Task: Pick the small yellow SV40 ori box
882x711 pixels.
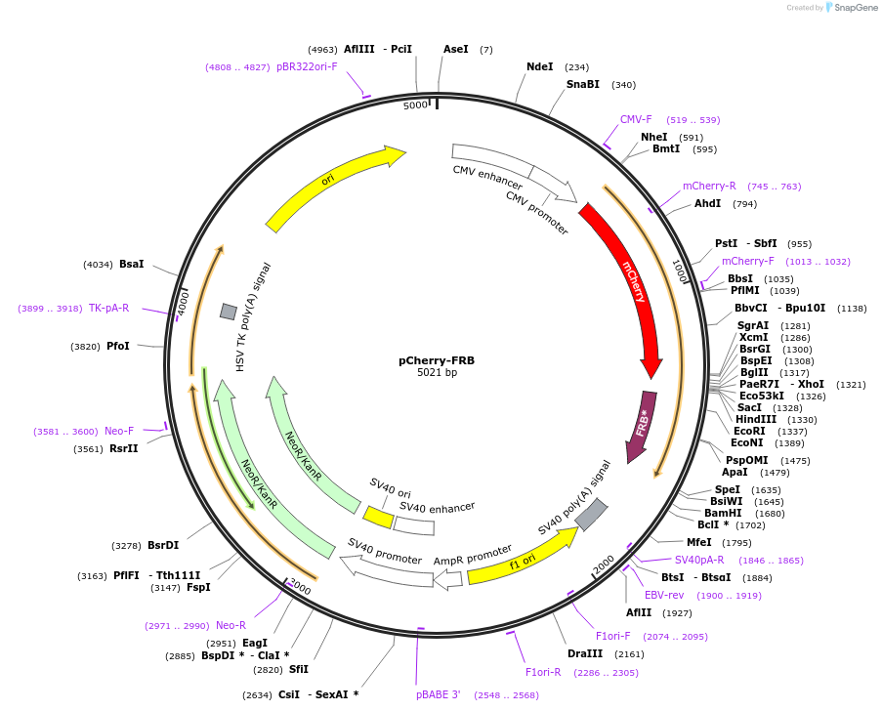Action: [377, 515]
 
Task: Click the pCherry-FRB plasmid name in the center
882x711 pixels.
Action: [437, 359]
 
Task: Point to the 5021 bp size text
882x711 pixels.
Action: [437, 372]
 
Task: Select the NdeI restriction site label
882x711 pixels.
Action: [539, 67]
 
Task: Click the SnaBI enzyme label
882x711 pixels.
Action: [583, 85]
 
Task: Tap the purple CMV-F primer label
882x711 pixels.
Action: [636, 119]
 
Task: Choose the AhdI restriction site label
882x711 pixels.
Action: [707, 203]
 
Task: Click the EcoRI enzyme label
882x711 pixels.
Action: [749, 431]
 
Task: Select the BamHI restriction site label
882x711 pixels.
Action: [723, 513]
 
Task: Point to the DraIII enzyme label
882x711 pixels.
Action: [585, 653]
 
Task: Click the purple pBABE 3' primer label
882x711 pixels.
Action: [438, 695]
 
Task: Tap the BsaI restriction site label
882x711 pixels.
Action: [131, 264]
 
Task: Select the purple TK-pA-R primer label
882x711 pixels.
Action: [108, 308]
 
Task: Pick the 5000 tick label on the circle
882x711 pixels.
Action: [415, 105]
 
